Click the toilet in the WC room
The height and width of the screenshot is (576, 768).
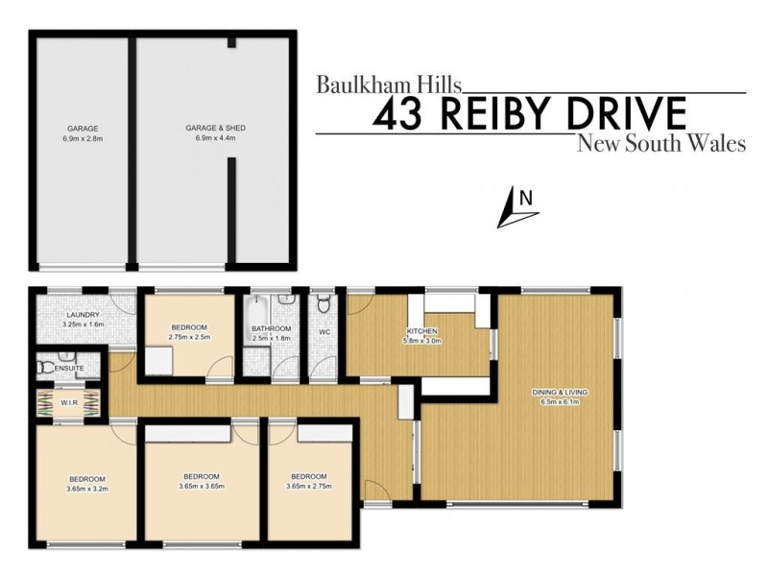point(324,305)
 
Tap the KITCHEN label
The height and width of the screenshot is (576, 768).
point(421,331)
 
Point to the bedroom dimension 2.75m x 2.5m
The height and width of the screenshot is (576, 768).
point(188,337)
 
